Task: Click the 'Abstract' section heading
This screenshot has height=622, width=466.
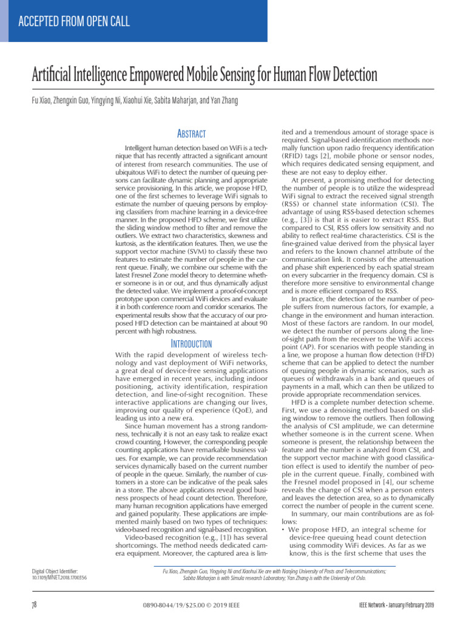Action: pos(191,134)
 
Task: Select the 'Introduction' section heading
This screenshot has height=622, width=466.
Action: pos(191,344)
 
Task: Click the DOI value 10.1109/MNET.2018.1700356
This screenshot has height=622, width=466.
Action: pos(59,578)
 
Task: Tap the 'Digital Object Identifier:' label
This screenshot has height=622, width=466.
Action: pos(55,571)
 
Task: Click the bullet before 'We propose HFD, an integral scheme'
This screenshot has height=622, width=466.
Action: pos(284,530)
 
